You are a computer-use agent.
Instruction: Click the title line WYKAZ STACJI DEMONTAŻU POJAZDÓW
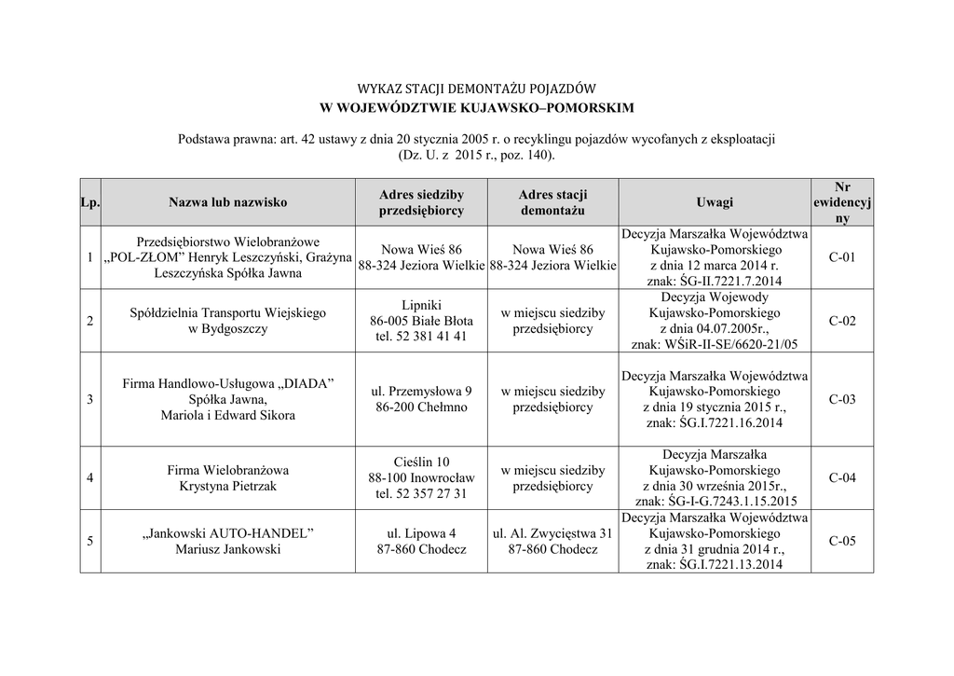tap(476, 90)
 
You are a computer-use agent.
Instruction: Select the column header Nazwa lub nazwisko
tap(228, 201)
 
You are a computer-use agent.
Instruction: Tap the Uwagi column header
tap(715, 201)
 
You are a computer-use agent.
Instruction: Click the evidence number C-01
tap(841, 256)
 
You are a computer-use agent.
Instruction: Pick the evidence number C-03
tap(841, 399)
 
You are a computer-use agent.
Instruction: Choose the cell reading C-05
tap(841, 541)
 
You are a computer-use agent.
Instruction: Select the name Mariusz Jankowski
tap(228, 549)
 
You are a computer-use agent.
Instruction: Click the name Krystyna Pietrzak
tap(228, 486)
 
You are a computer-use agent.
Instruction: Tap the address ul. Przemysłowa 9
tap(422, 391)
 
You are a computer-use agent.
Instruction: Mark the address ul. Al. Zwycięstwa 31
tap(552, 533)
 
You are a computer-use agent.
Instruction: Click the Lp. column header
tap(90, 201)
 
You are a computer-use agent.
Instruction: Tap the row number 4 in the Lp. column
tap(89, 478)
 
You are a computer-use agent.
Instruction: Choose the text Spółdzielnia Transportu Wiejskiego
tap(228, 312)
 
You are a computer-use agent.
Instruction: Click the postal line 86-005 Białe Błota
tap(421, 321)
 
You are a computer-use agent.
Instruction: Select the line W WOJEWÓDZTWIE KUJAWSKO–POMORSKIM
tap(476, 108)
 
